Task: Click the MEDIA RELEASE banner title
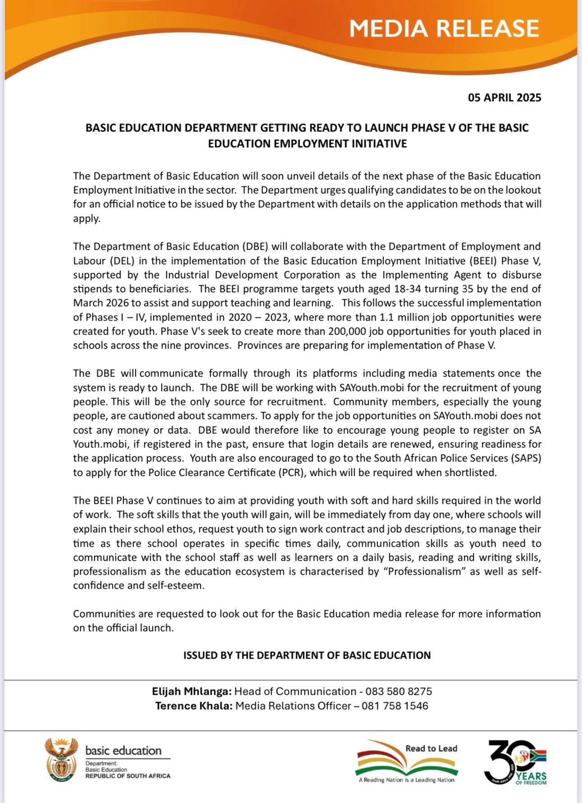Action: point(444,28)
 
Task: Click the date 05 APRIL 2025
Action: point(504,97)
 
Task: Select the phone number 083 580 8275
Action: point(398,692)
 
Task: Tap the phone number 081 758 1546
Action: point(395,706)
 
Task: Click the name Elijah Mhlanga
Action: point(192,692)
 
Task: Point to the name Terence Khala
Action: point(194,706)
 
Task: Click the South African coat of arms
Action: point(61,760)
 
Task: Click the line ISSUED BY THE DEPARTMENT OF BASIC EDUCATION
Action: point(307,655)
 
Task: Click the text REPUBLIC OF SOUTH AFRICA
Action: point(128,776)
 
